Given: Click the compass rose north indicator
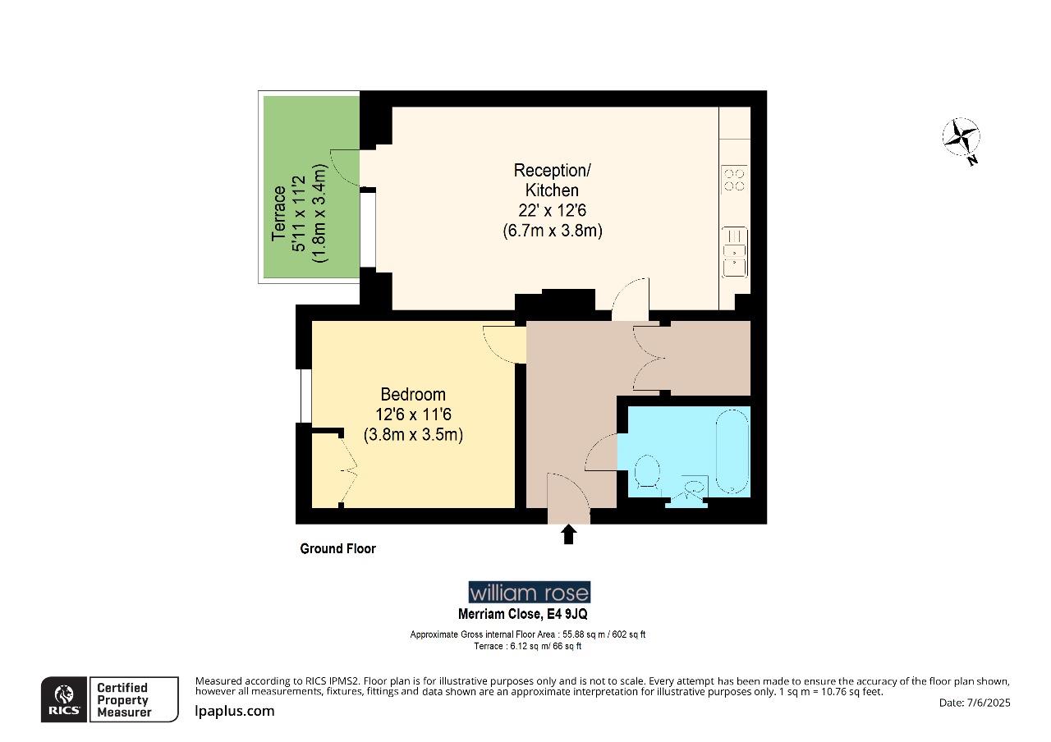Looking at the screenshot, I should (x=962, y=138).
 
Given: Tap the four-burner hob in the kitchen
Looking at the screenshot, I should (x=734, y=180).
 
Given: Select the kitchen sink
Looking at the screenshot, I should (x=734, y=252).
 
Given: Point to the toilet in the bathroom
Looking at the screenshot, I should (x=648, y=474).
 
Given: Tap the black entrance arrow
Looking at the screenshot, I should (x=567, y=535).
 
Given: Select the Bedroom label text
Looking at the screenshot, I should (x=413, y=395).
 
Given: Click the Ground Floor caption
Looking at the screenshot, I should (x=337, y=549).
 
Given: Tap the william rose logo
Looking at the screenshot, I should (x=529, y=593).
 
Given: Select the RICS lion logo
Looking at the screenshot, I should (x=63, y=699).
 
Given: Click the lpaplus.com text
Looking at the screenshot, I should (x=235, y=711).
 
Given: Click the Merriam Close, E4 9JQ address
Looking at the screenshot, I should (x=522, y=614).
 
